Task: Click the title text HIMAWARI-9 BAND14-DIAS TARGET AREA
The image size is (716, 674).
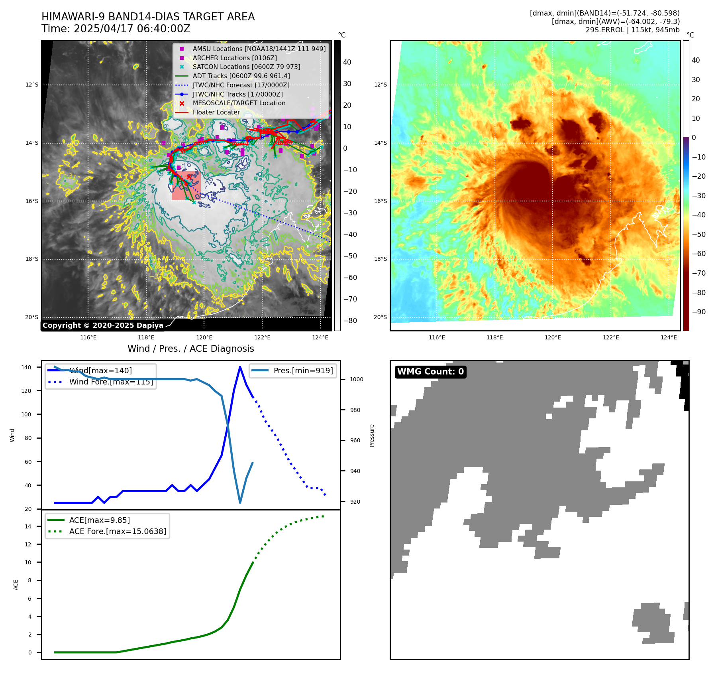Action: [148, 17]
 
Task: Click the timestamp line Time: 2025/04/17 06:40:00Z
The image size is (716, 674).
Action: [116, 29]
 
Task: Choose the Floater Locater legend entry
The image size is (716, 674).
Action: [216, 112]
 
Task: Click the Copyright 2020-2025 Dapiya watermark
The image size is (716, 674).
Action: [103, 325]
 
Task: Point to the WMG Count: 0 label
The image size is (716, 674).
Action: [430, 372]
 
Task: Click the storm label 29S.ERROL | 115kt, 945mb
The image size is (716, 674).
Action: [632, 30]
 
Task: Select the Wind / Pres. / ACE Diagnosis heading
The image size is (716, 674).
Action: [190, 349]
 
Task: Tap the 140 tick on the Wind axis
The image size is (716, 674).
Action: [26, 367]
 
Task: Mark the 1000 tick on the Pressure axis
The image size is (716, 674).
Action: [356, 379]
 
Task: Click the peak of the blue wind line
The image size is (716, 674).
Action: [240, 367]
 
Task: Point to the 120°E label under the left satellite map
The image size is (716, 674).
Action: [204, 337]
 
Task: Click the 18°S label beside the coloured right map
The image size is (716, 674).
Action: [380, 259]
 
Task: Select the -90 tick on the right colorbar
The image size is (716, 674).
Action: [698, 312]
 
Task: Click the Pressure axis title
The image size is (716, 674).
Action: [372, 436]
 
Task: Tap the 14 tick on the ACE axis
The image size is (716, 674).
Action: [28, 526]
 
